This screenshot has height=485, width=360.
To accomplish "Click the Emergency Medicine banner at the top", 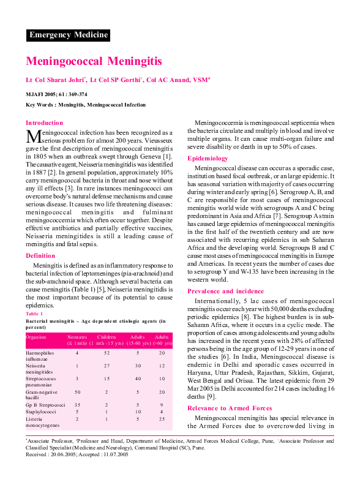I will tap(68, 35).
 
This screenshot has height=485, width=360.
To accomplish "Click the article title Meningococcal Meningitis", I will tap(94, 61).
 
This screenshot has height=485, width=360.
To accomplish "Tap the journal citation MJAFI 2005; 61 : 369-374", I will tap(56, 95).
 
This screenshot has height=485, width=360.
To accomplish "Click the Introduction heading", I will tap(44, 123).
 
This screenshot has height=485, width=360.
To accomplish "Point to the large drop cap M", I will tap(33, 136).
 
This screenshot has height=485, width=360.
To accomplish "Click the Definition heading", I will tap(40, 256).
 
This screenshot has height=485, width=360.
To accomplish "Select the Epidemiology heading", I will tap(208, 159).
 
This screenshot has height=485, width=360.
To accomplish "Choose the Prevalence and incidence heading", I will tap(225, 291).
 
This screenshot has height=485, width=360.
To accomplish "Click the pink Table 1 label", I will tap(34, 314).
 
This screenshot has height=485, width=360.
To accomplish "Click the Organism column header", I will tap(37, 337).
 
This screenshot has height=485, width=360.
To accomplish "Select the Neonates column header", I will tap(77, 337).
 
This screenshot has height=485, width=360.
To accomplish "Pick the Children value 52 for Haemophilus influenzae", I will tap(107, 353).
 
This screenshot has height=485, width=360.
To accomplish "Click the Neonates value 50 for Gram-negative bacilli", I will tap(77, 391).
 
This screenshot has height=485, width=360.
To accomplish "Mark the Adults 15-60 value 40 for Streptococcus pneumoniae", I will tap(138, 378).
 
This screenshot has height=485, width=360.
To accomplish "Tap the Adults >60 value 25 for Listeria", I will tap(162, 419).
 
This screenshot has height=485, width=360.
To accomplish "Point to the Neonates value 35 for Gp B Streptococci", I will tap(77, 405).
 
